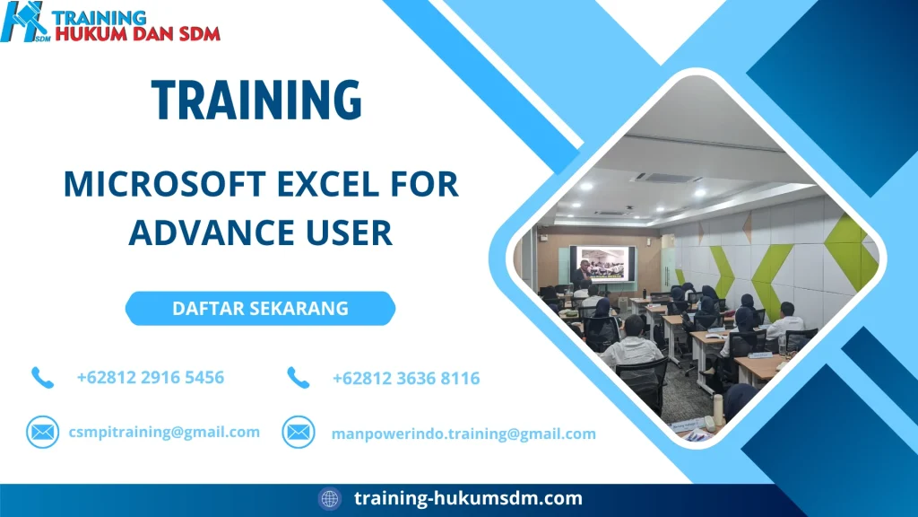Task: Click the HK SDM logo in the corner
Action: [x=26, y=22]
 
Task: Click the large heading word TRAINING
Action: [x=256, y=100]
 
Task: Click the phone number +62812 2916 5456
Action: [x=151, y=377]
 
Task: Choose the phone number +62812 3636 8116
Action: [x=406, y=379]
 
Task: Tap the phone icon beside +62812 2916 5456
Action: [x=42, y=377]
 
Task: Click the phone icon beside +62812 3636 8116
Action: [x=298, y=378]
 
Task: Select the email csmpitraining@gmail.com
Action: [x=164, y=432]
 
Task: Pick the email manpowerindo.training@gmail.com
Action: [x=463, y=434]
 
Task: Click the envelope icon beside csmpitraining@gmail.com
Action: [x=42, y=433]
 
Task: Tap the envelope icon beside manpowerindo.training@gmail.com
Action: [x=298, y=433]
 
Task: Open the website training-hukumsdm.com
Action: [x=468, y=498]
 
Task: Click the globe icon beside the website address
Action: [x=330, y=498]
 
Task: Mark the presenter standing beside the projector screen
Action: [x=583, y=274]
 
